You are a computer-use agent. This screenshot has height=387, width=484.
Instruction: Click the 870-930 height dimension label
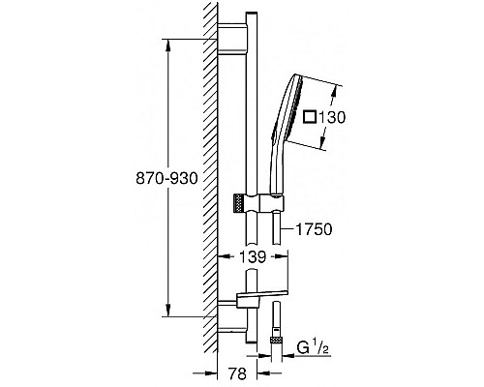pos(166,178)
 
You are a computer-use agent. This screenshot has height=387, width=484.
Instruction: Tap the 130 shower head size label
pos(331,117)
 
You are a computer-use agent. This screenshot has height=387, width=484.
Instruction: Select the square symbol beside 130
pos(310,117)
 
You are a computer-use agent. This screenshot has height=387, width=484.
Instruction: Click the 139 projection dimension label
pos(253,257)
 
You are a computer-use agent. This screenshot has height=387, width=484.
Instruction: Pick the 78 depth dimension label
pos(237,373)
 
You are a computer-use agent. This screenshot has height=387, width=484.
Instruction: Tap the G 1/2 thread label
pos(313,348)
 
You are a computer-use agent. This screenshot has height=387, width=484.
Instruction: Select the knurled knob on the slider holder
pos(237,203)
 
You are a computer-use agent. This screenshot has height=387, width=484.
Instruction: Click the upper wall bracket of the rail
pos(232,39)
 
